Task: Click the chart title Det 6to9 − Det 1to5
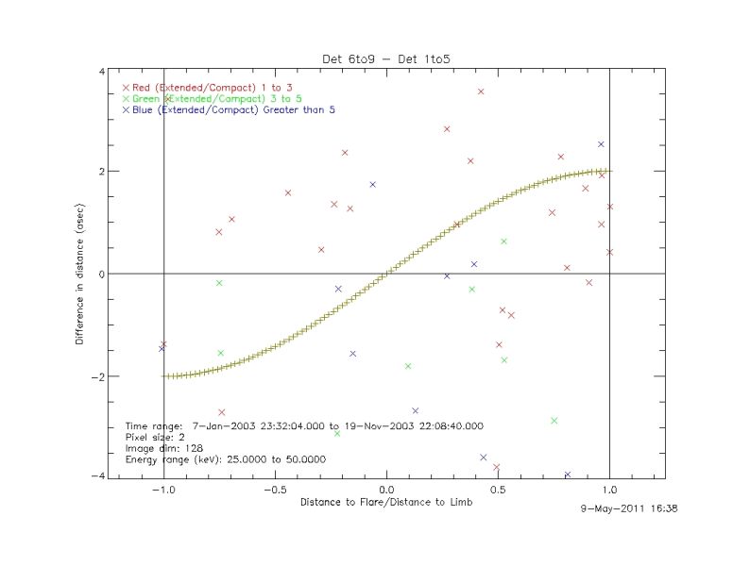point(385,59)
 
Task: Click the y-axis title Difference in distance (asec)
point(82,274)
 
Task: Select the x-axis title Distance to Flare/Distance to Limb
point(385,503)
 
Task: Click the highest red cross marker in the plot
point(481,92)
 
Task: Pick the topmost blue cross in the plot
point(601,144)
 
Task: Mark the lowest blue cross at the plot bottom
point(568,474)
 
